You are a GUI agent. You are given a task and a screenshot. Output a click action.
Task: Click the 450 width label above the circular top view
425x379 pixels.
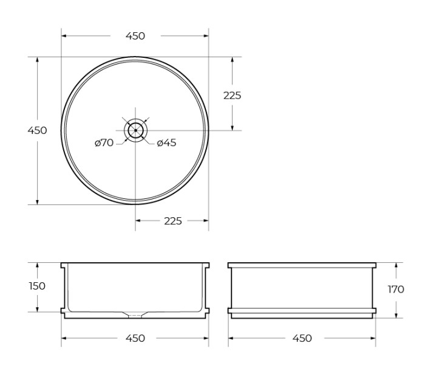pos(135,36)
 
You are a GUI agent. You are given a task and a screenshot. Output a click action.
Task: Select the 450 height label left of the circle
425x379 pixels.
pos(37,130)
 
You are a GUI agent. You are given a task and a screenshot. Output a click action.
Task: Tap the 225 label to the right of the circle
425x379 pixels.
pos(232,95)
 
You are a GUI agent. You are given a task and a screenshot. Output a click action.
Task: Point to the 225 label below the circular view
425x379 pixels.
pos(172,221)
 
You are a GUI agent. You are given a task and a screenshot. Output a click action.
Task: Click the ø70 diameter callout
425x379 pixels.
pos(104,143)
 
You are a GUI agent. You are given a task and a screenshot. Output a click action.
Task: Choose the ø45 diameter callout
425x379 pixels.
pos(166,143)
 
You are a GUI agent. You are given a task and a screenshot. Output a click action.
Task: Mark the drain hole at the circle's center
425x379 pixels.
pos(135,130)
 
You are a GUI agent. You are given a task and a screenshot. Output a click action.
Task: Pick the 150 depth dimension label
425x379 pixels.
pos(37,286)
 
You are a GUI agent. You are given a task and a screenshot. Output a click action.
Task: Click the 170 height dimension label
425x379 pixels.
pos(396,290)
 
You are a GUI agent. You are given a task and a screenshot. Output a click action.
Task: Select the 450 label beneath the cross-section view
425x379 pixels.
pos(135,338)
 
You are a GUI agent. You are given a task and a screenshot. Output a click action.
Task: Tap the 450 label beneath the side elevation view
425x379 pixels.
pos(302,338)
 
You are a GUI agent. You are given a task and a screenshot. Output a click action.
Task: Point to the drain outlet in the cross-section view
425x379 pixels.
pos(135,315)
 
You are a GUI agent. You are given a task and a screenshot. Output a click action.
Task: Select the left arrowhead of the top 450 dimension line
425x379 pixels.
pos(64,36)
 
